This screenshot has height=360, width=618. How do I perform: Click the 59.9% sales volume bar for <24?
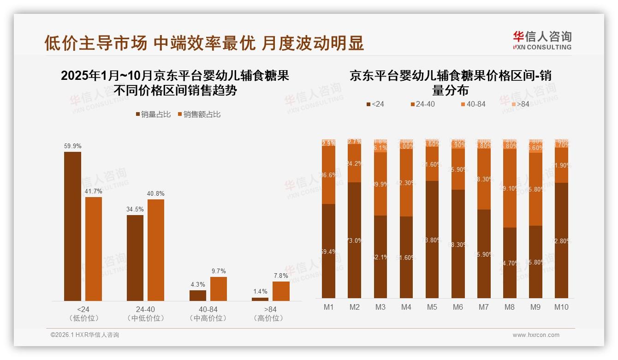(72, 226)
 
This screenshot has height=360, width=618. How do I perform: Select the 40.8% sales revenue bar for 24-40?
(155, 250)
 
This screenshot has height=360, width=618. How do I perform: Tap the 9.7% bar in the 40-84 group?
(219, 289)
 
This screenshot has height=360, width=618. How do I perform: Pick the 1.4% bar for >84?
(260, 299)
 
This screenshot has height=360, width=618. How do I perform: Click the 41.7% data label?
(94, 191)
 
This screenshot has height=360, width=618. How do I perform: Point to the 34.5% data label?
(135, 209)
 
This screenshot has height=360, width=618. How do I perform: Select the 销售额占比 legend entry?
(199, 114)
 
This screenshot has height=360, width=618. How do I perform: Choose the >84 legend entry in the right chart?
(519, 104)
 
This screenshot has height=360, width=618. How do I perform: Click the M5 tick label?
(432, 307)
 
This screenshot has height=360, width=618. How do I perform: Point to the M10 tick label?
(561, 307)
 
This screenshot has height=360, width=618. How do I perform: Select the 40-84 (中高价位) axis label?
(208, 314)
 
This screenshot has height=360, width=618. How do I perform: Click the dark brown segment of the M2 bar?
(354, 240)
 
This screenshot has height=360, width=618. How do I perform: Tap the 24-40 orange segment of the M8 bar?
(509, 188)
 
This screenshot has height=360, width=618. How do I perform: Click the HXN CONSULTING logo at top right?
(542, 40)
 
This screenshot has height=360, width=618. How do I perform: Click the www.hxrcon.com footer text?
(536, 335)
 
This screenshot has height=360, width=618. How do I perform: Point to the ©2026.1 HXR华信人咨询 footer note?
(85, 335)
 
